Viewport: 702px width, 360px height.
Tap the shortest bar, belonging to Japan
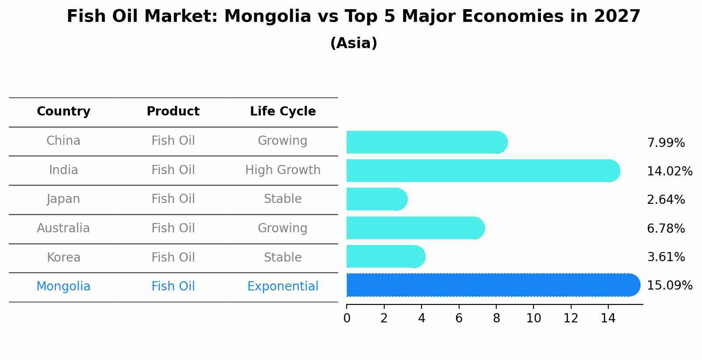tap(376, 199)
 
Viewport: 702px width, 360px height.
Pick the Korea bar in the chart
tap(385, 257)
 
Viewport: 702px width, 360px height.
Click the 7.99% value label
tap(666, 143)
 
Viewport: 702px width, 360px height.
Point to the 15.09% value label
tap(669, 286)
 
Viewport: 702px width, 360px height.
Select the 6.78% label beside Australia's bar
tap(666, 228)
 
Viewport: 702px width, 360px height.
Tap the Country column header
tap(63, 112)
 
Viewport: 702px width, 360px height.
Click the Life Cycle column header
tap(283, 112)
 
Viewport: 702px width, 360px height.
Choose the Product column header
tap(173, 112)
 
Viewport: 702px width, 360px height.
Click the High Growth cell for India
tap(283, 170)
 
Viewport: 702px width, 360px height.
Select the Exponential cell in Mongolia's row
tap(283, 287)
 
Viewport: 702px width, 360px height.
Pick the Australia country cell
tap(63, 228)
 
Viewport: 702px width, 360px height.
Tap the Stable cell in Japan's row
tap(283, 199)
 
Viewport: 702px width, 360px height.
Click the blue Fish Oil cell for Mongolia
tap(173, 287)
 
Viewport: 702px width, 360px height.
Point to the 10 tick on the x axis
tap(534, 318)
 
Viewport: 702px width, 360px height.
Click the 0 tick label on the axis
tap(347, 318)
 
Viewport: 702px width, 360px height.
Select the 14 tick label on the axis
tap(608, 318)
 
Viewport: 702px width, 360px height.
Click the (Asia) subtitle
tap(354, 43)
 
